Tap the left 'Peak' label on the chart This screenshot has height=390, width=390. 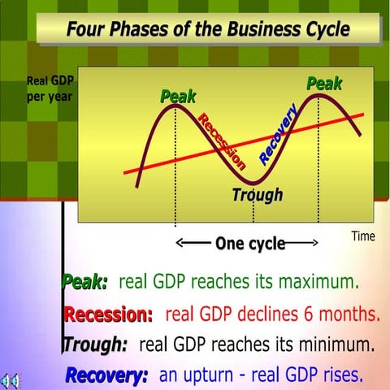pos(178,97)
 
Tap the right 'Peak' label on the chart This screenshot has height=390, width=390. pos(323,84)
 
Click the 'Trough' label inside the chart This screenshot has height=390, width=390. pos(257,195)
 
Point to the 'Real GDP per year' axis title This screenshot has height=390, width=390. pos(50,88)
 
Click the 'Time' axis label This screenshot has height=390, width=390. pos(362,236)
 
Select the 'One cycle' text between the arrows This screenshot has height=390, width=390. pos(249,243)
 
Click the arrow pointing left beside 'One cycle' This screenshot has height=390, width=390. pos(193,243)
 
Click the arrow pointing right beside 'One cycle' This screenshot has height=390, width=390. pos(302,243)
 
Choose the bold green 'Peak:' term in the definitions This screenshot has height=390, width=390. pos(84,283)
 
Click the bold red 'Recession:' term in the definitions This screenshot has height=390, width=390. pos(108,314)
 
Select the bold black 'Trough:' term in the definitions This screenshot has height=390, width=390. pos(95,344)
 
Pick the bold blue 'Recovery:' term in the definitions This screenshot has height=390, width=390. pos(106,375)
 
